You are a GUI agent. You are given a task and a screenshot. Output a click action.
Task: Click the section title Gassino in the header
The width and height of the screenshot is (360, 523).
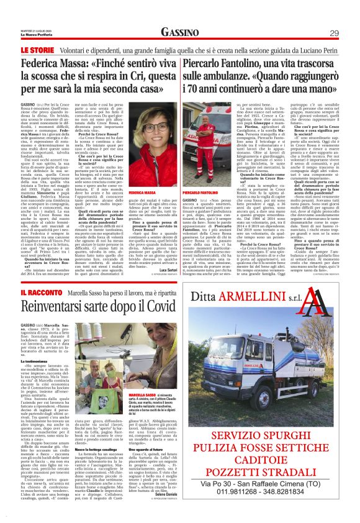click(x=180, y=32)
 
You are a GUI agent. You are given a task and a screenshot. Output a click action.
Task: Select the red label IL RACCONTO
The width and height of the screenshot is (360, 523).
click(x=24, y=291)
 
